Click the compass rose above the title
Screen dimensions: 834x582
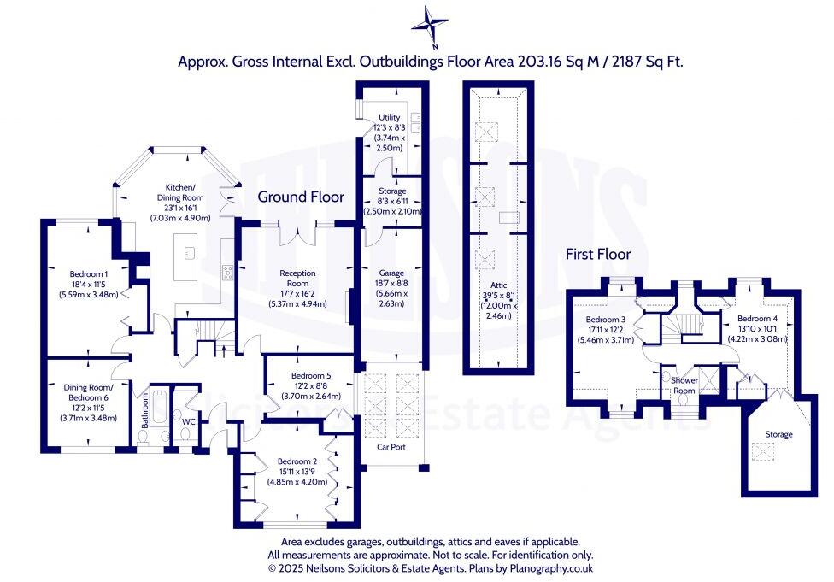coord(429,25)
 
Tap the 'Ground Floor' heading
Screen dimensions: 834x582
coord(301,197)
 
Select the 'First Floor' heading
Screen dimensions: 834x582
coord(598,255)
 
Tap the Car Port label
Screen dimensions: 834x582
coord(391,447)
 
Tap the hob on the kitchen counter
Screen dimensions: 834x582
coord(227,273)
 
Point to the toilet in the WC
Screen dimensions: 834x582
coord(185,434)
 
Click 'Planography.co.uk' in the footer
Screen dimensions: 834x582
coord(551,568)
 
